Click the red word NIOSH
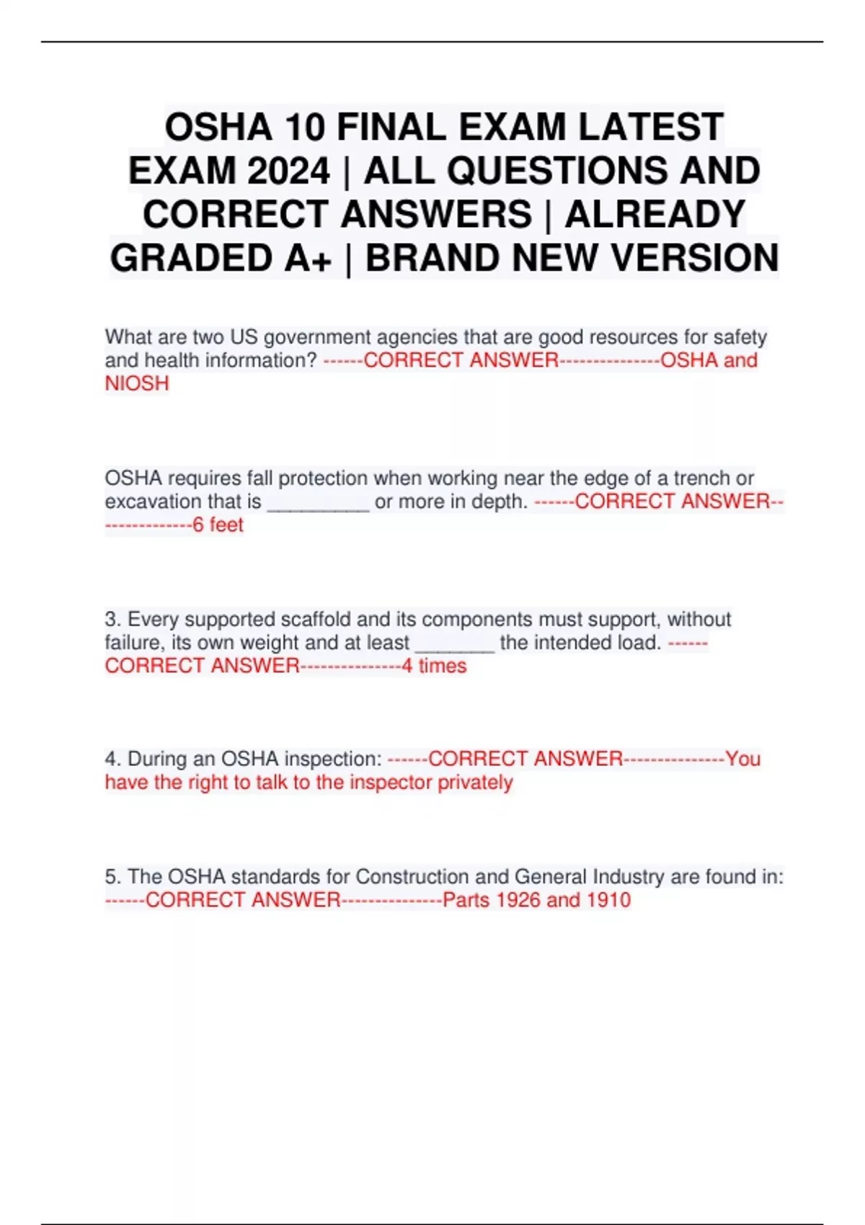point(137,383)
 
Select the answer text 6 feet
point(218,525)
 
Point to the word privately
point(475,783)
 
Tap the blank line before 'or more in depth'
point(318,504)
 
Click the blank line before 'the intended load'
point(455,646)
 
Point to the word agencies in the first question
point(420,337)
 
